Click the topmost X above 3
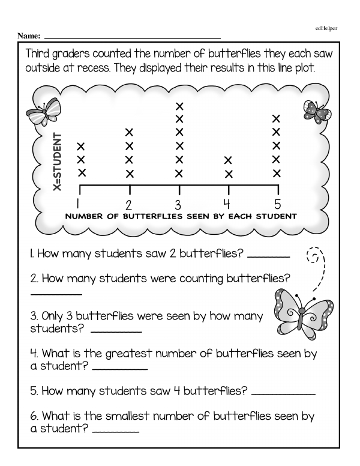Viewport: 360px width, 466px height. pos(178,106)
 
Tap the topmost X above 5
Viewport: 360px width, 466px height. pos(277,118)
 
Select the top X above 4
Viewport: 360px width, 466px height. pos(228,160)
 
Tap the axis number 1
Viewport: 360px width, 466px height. pos(79,202)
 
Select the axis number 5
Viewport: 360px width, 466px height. pos(277,202)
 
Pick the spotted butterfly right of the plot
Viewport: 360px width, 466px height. pos(316,111)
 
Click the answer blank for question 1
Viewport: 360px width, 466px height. pos(268,256)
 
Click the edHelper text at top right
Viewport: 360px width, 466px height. pos(326,28)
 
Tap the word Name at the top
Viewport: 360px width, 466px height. pos(29,37)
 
